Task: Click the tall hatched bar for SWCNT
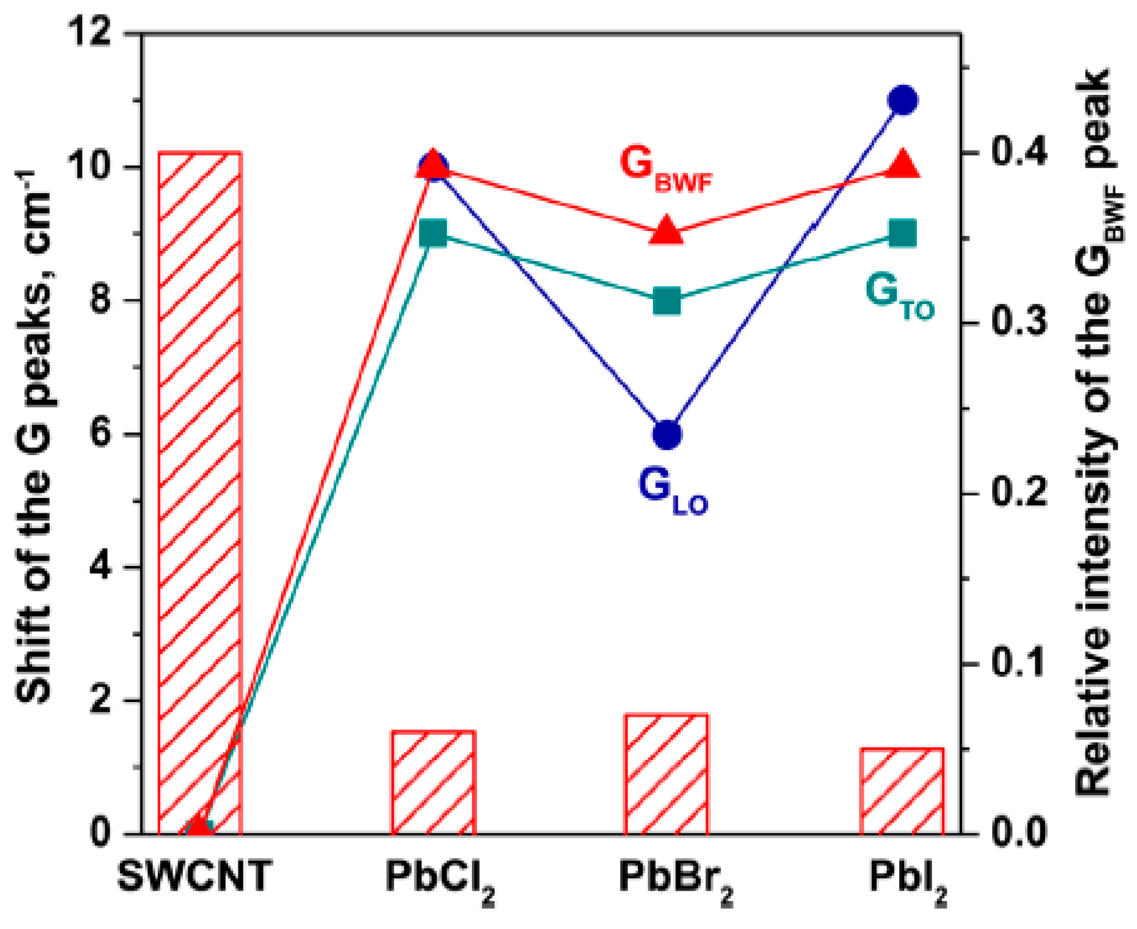pos(200,492)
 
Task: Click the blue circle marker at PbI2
pos(903,101)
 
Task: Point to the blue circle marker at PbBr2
pos(667,434)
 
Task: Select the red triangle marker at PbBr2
pos(667,231)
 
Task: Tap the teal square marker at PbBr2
pos(667,301)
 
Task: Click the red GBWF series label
pos(666,168)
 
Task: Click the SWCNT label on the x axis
pos(195,875)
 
